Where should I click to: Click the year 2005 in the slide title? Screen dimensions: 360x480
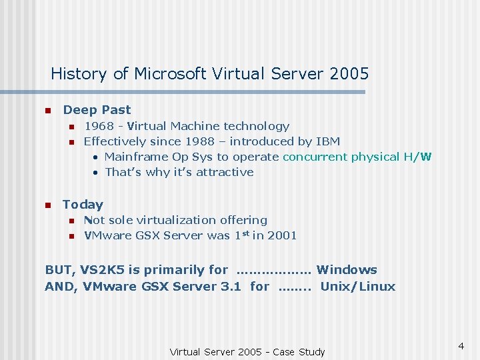point(349,73)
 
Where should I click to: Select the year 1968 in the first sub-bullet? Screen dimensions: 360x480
point(99,126)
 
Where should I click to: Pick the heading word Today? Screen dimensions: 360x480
point(83,205)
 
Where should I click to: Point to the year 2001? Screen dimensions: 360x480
point(282,235)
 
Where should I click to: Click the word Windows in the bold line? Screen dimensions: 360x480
point(347,270)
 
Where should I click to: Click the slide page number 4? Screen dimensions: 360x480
point(461,346)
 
